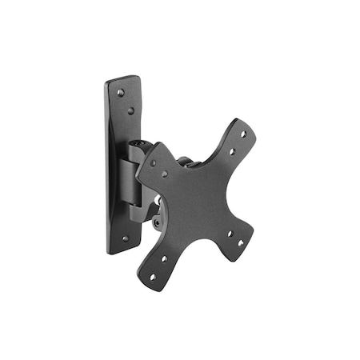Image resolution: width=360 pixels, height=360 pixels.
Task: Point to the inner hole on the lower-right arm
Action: point(230,234)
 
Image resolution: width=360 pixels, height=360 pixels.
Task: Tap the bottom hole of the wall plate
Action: point(124,238)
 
